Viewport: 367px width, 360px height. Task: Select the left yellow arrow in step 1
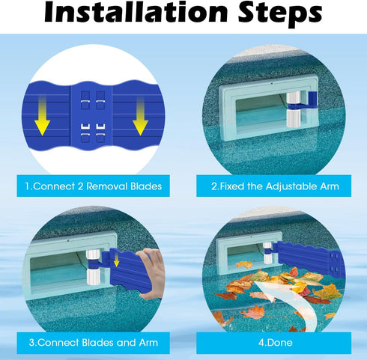[41, 120]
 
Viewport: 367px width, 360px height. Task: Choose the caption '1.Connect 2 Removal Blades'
[91, 186]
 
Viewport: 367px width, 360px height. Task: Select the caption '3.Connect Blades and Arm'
[91, 342]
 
